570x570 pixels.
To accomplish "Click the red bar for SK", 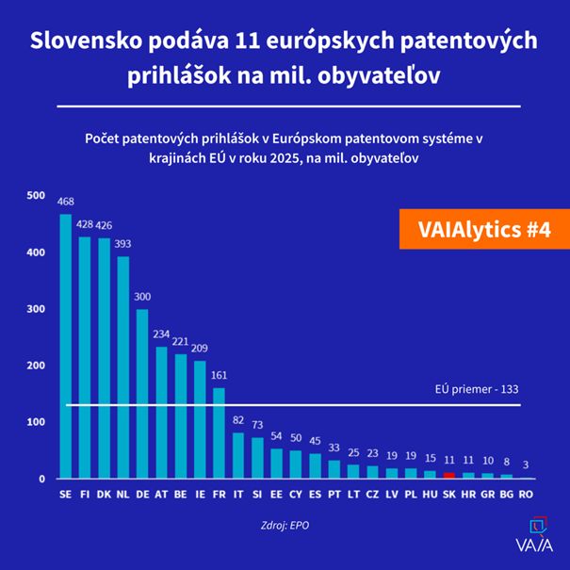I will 449,476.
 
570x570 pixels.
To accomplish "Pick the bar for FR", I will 219,433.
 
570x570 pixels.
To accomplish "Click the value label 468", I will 65,202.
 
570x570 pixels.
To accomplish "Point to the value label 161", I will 219,375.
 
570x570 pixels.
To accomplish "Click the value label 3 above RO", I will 526,464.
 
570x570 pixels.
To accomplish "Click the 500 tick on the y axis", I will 35,195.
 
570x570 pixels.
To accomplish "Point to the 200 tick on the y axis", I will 35,366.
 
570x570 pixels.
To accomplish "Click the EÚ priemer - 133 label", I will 477,387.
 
